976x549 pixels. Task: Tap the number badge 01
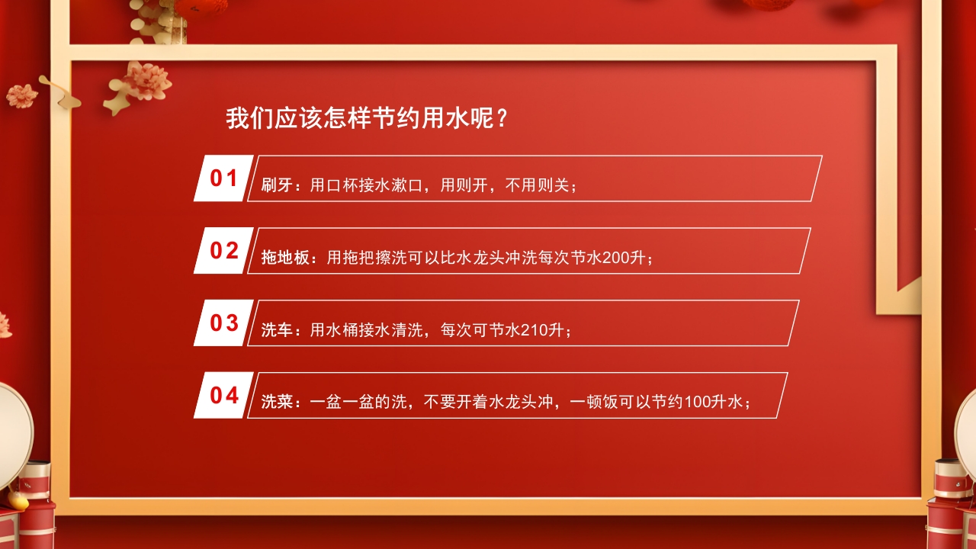click(x=224, y=178)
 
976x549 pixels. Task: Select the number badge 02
click(x=224, y=251)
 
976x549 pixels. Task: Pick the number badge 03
click(x=224, y=323)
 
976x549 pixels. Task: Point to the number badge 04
click(x=224, y=396)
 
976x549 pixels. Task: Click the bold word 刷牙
click(x=277, y=185)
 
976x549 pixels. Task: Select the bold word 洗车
click(x=277, y=330)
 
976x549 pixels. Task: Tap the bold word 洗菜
click(x=277, y=403)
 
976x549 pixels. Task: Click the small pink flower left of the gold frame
click(x=21, y=95)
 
